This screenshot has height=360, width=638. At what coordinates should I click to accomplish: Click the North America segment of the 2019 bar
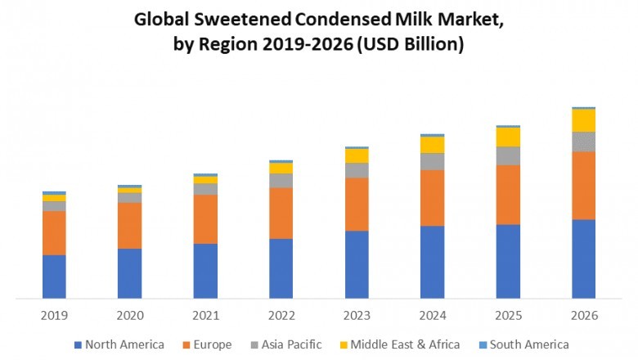tap(54, 277)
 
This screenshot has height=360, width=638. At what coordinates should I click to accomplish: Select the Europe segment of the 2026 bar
tap(583, 185)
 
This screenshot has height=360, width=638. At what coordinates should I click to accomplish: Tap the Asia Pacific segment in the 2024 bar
tap(432, 161)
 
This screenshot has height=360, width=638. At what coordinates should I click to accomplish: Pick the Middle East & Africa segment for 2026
tap(583, 120)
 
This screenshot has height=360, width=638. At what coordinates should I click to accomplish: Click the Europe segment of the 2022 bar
tap(281, 213)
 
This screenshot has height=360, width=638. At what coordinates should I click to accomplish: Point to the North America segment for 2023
tap(357, 264)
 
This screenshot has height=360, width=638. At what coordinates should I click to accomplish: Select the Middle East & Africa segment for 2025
tap(508, 137)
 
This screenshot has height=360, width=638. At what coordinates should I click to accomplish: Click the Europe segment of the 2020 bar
tap(129, 225)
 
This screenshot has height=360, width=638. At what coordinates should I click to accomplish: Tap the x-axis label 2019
tap(54, 315)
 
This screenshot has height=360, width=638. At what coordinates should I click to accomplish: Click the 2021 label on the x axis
tap(205, 315)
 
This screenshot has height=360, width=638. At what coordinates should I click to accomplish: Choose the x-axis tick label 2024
tap(432, 315)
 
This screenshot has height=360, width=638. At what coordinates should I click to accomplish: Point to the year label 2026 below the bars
tap(583, 315)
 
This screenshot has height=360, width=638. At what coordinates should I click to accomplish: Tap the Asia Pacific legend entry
tap(291, 344)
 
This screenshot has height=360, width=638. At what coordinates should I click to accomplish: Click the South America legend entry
tap(528, 344)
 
